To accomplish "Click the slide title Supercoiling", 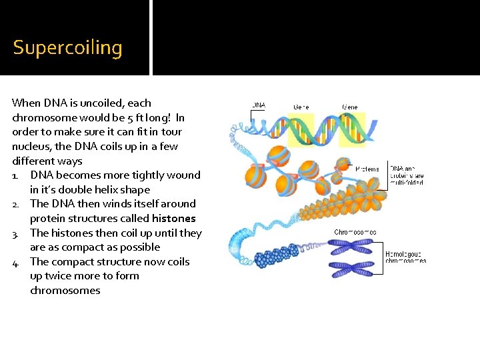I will [x=67, y=48].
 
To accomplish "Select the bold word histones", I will [x=173, y=219].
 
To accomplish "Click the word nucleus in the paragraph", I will [x=31, y=146].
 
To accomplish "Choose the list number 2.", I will [x=16, y=204].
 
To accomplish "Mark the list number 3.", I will [x=16, y=233].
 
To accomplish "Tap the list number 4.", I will [x=16, y=262].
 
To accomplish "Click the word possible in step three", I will [x=139, y=247].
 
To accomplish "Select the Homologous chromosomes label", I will [x=405, y=257].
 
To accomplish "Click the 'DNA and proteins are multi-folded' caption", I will [x=407, y=175].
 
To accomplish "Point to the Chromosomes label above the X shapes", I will [x=355, y=233].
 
